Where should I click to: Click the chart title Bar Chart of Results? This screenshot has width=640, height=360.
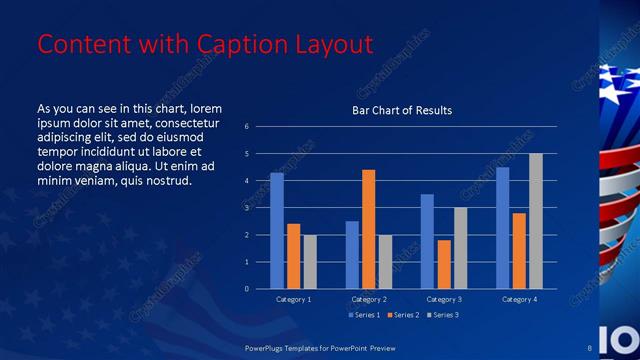402,110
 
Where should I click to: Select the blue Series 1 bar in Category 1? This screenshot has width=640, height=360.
277,231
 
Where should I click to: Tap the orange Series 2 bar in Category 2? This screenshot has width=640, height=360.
368,229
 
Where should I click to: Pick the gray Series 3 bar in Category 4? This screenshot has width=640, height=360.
536,221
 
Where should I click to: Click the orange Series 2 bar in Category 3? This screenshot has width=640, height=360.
444,264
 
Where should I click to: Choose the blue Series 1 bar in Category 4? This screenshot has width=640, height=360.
502,228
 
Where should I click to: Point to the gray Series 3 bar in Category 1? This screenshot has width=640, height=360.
310,262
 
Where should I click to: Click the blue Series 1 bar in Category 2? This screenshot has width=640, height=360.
352,255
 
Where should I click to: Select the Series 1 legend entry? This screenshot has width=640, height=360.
363,315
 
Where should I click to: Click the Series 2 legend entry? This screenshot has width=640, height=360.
404,315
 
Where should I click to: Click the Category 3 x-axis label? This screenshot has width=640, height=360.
443,299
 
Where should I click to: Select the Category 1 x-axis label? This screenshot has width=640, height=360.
293,299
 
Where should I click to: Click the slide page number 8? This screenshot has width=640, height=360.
590,347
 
